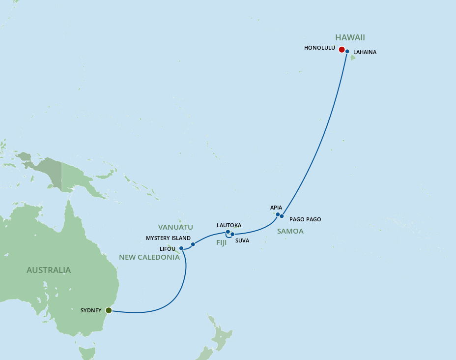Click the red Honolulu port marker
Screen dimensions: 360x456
click(x=342, y=49)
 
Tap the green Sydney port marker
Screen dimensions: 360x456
click(x=109, y=310)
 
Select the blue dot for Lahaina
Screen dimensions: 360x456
click(x=347, y=52)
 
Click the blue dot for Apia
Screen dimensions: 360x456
click(x=278, y=214)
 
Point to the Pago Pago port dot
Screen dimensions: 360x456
click(x=282, y=216)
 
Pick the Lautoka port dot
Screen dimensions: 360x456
click(x=228, y=232)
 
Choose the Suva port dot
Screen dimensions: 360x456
click(x=232, y=235)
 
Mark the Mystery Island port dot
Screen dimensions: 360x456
click(x=193, y=244)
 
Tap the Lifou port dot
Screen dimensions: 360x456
click(x=181, y=248)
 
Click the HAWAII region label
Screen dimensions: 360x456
click(x=350, y=37)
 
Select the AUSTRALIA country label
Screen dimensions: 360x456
click(x=49, y=270)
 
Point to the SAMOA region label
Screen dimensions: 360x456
click(x=290, y=231)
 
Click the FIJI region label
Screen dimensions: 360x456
click(x=222, y=242)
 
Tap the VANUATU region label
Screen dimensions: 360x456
click(x=175, y=227)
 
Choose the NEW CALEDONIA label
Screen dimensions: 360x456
click(x=149, y=257)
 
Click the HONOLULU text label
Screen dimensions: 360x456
click(x=319, y=48)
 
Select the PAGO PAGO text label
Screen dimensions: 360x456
click(x=305, y=219)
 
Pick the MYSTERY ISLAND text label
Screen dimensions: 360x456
click(x=168, y=239)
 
